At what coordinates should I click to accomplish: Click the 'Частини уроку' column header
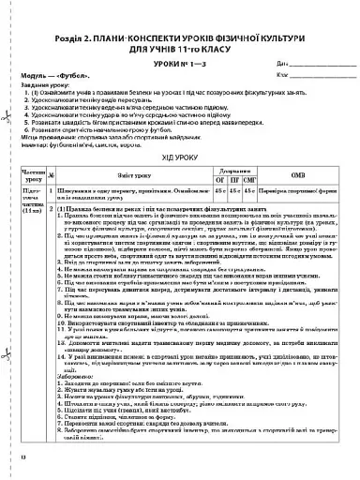coord(31,176)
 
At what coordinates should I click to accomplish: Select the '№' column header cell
coord(52,176)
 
